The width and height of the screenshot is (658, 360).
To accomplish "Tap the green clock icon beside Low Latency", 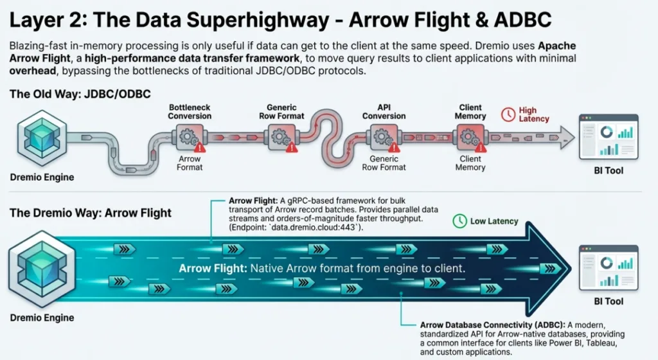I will [x=459, y=221].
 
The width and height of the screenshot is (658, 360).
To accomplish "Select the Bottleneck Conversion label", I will [x=190, y=111].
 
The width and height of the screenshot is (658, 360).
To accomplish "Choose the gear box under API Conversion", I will [x=383, y=137].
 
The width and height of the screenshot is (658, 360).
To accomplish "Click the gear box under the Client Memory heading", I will [x=470, y=137].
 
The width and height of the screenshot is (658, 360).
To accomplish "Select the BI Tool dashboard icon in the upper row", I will [x=609, y=136].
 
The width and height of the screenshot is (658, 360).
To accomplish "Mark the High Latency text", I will [x=534, y=114].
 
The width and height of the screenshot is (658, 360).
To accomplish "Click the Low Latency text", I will [x=493, y=221].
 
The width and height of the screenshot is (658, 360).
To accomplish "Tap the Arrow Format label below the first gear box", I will [x=190, y=163].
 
